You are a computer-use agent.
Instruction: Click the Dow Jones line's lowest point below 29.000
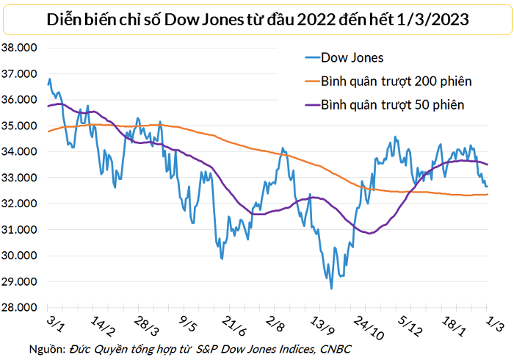click(x=331, y=288)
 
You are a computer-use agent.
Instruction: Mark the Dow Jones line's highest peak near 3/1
click(x=50, y=79)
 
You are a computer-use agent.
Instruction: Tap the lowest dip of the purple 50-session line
click(x=370, y=234)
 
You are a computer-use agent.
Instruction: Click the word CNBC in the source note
click(x=336, y=348)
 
